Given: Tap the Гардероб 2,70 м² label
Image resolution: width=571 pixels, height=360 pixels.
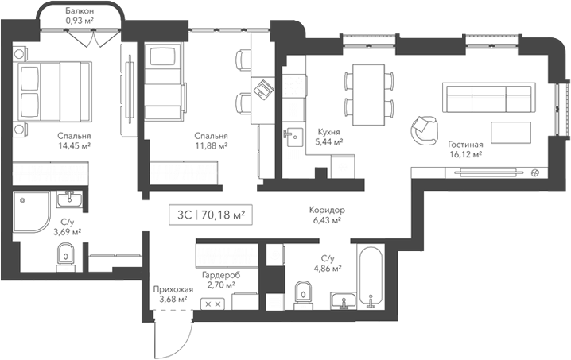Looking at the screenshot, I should coord(219,278).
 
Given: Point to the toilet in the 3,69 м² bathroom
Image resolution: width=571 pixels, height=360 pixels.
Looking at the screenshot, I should coord(66,254).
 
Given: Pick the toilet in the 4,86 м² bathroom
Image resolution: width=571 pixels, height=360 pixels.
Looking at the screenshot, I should coord(303,292).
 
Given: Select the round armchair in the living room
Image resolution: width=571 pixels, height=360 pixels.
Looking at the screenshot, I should coord(423,127).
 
